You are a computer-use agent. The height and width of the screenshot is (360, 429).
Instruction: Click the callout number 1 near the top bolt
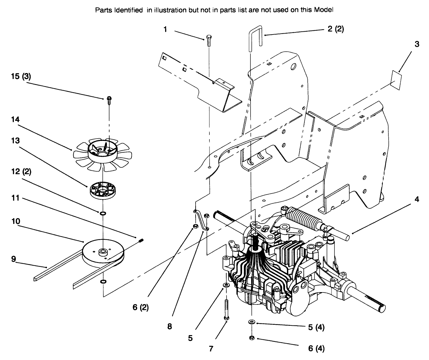coord(165,29)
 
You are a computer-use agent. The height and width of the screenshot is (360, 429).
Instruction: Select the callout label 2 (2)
coord(335,29)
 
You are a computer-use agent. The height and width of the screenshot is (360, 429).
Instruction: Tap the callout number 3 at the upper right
coord(417,44)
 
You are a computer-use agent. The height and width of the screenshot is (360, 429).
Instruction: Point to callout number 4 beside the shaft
coord(417,199)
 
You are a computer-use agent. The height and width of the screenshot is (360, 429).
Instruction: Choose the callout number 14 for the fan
coord(15,119)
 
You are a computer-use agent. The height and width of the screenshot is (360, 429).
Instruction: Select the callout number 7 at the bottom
coord(211,349)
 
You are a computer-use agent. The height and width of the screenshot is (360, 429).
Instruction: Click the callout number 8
coord(170,327)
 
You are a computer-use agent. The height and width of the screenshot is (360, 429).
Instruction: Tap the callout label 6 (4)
coord(316,349)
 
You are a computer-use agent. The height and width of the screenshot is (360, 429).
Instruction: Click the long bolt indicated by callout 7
coord(227,310)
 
